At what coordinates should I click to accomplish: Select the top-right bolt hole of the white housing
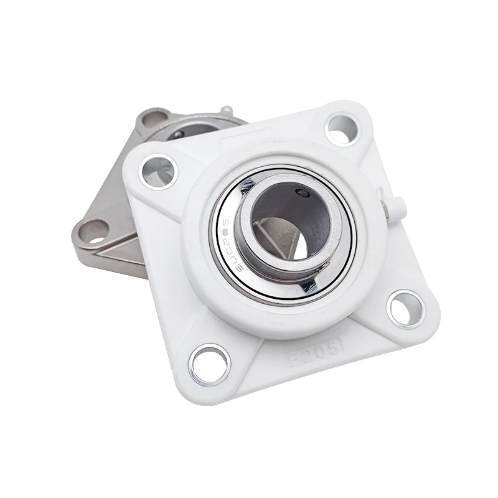[x=342, y=129]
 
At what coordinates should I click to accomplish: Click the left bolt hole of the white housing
[x=158, y=170]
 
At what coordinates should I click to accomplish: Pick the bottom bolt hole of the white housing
[x=210, y=364]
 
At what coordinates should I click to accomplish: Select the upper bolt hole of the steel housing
[x=153, y=119]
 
